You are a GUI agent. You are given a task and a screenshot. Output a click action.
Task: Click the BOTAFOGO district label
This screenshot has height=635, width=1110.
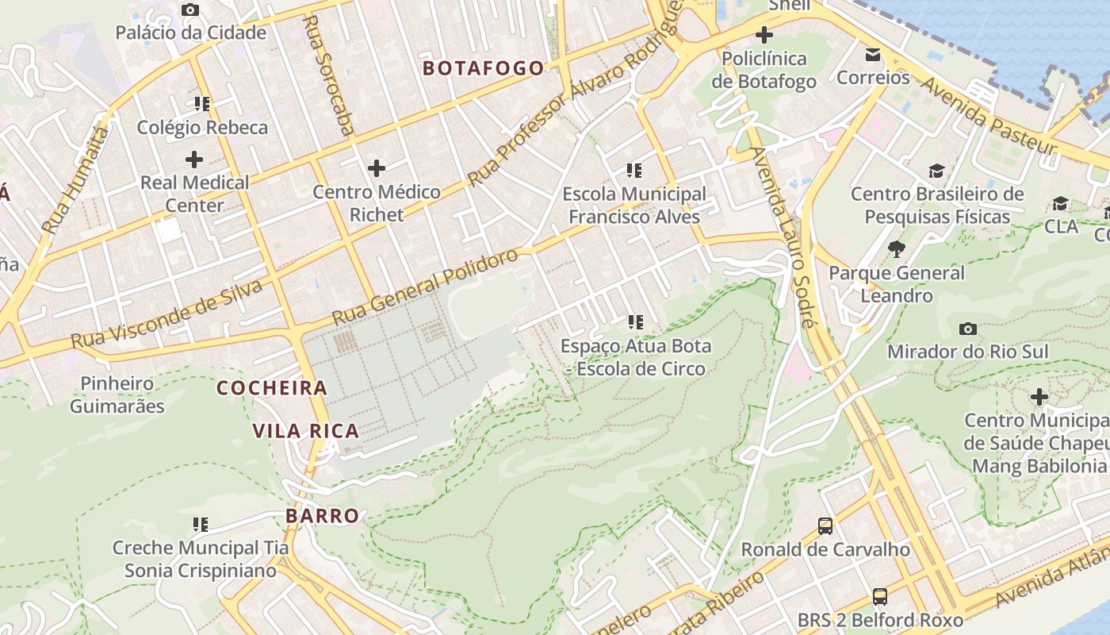(x=484, y=68)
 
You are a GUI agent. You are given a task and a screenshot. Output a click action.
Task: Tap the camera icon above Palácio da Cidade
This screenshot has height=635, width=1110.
(x=190, y=10)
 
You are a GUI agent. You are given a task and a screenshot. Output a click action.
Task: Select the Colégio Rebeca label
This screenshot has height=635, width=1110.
(x=202, y=127)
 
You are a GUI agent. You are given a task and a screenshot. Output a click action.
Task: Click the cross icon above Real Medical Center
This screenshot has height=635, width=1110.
(x=194, y=160)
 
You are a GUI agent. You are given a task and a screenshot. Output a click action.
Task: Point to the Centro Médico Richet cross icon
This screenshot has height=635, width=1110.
(x=377, y=168)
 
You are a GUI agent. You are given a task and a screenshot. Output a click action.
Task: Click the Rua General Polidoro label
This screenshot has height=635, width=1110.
(x=425, y=286)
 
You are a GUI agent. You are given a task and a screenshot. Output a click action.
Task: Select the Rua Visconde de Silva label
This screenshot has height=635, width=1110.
(x=166, y=314)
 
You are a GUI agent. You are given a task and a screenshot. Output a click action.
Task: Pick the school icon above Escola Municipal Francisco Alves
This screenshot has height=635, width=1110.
(x=634, y=170)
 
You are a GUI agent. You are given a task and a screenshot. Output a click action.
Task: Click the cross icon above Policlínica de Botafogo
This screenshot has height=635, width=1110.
(x=764, y=35)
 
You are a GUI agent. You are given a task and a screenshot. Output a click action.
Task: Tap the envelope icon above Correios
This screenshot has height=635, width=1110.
(x=873, y=55)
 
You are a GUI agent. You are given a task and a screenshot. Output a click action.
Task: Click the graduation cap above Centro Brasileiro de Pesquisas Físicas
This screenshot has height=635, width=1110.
(x=936, y=171)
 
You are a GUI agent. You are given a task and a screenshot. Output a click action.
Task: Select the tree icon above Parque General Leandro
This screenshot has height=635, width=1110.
(x=897, y=249)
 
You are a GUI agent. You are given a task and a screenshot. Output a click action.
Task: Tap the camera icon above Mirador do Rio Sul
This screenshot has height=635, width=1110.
(x=967, y=329)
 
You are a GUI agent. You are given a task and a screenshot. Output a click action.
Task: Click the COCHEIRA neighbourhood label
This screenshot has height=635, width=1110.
(x=272, y=388)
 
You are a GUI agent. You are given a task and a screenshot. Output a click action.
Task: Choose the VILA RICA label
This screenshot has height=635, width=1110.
(x=306, y=431)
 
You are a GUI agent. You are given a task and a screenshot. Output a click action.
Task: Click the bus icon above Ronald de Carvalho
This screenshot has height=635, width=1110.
(x=825, y=525)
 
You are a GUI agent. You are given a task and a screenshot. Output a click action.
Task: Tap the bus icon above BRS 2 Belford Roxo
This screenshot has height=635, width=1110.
(x=880, y=596)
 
